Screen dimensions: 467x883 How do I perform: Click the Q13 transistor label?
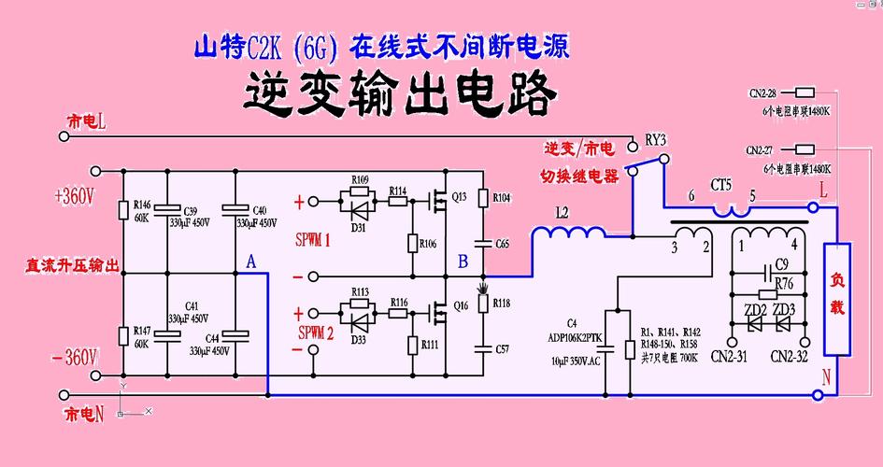(459, 197)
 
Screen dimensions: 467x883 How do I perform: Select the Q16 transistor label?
(459, 305)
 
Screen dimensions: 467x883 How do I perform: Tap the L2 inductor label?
(562, 213)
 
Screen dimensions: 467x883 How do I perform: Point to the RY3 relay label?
(656, 140)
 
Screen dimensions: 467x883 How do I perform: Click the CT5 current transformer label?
(721, 185)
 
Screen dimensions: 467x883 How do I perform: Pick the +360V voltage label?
(75, 197)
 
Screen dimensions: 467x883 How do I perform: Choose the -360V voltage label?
(75, 357)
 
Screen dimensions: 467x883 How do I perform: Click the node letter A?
(249, 262)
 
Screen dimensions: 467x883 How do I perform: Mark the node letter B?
(463, 262)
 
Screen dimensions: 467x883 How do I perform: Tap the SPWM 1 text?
(314, 240)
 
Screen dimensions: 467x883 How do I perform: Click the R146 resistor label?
(142, 204)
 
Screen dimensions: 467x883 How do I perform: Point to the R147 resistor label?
(142, 332)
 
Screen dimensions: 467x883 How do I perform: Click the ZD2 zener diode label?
(754, 309)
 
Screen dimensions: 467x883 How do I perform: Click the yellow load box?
(837, 299)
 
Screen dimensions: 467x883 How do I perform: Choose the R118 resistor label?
(501, 304)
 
